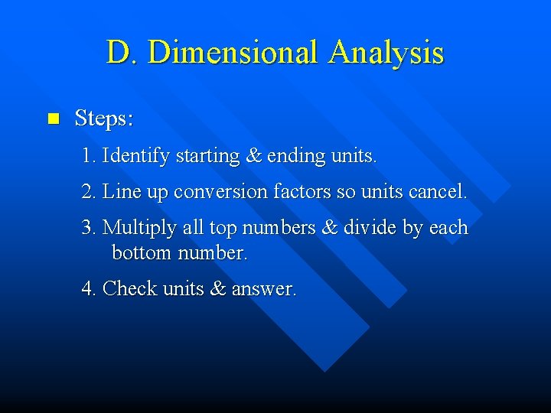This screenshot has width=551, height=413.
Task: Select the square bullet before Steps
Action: [53, 119]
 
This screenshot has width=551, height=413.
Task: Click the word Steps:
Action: [104, 119]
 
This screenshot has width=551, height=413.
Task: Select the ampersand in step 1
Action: [253, 156]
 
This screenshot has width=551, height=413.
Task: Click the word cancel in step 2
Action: [436, 191]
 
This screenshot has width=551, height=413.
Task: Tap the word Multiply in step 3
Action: [135, 229]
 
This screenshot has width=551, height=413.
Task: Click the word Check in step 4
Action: [129, 288]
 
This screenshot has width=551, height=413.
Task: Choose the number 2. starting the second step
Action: [89, 191]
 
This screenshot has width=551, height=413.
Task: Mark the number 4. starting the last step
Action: [89, 288]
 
